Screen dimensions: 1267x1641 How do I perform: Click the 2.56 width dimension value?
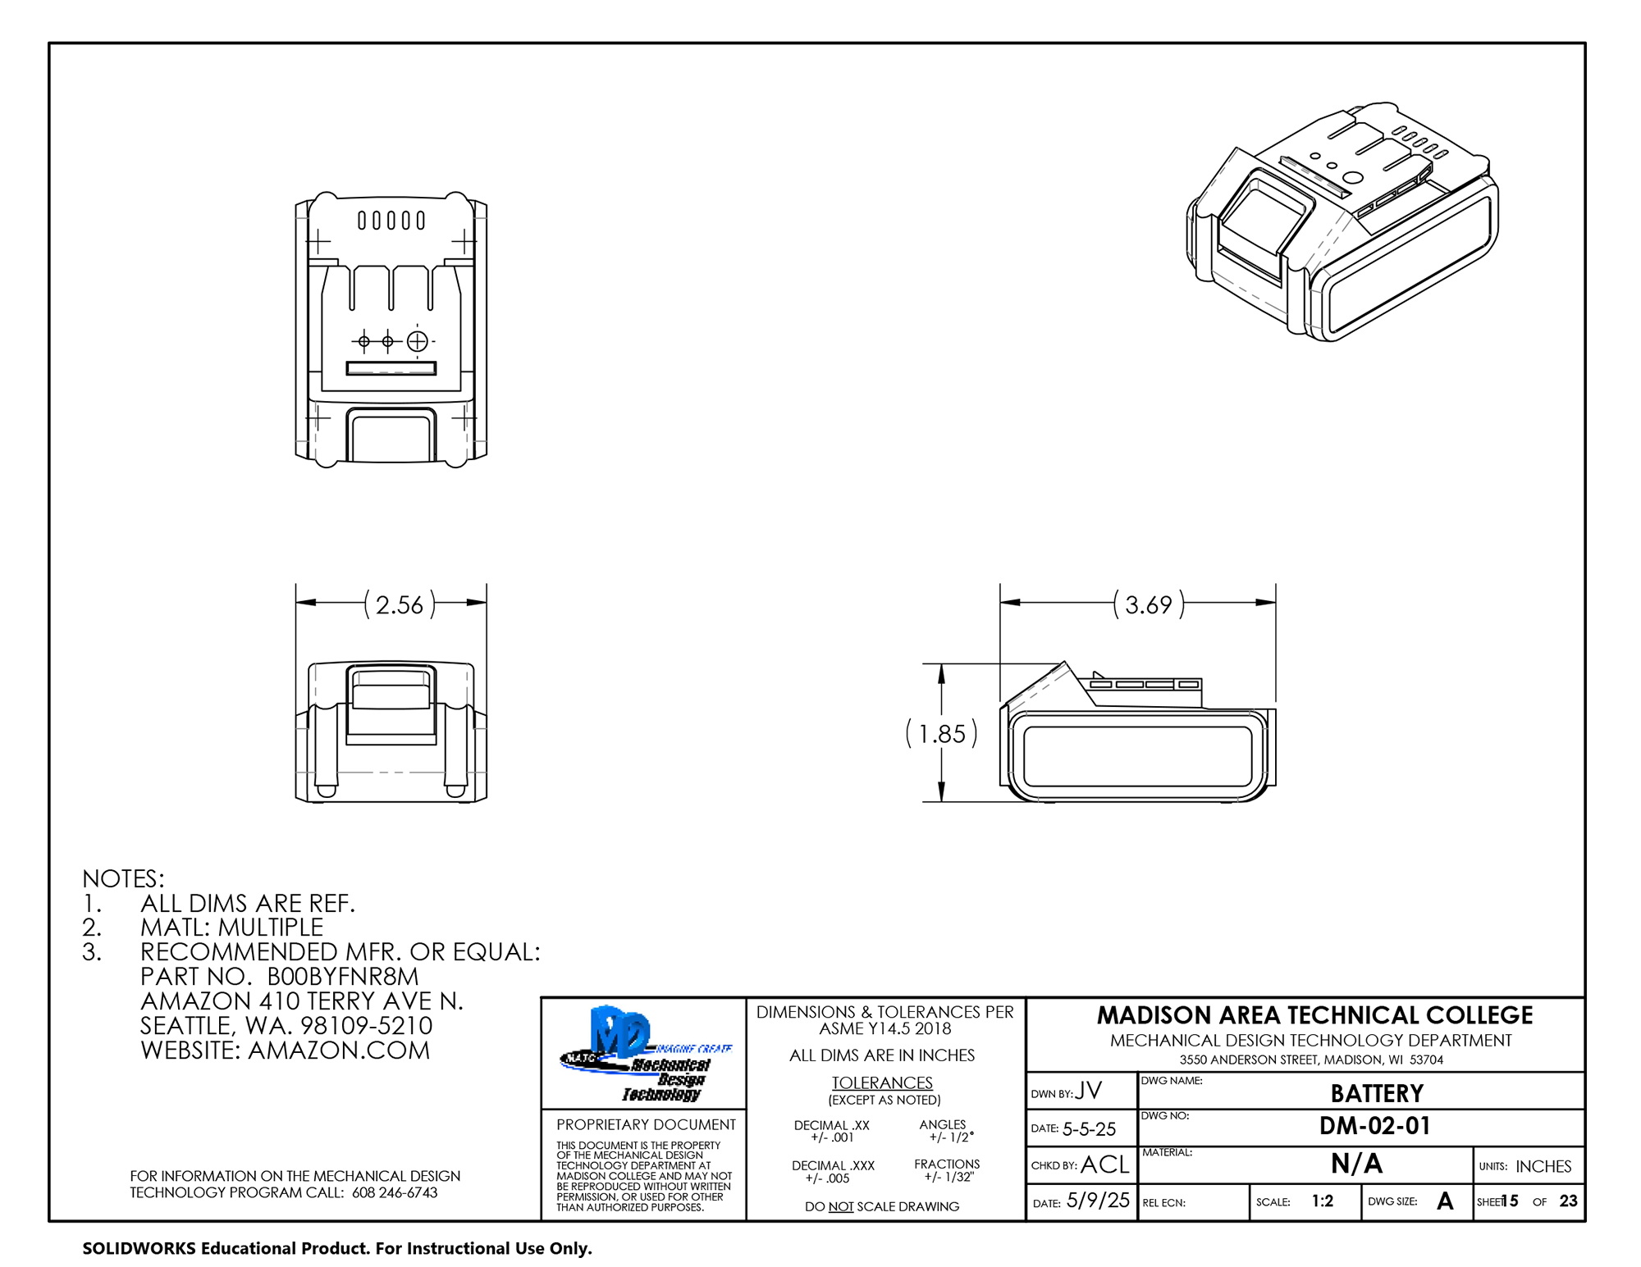[399, 605]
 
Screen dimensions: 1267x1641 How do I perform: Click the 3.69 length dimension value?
[1148, 605]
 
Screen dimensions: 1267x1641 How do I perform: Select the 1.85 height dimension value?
[941, 734]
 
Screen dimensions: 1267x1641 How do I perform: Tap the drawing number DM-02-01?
[1374, 1126]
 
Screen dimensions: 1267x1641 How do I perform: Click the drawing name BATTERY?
[1376, 1094]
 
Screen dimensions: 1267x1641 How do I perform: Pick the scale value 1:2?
[1322, 1201]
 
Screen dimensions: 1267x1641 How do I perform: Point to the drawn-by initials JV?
[1088, 1091]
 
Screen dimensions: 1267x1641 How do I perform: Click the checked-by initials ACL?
[1104, 1164]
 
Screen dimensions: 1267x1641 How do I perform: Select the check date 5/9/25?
[1098, 1201]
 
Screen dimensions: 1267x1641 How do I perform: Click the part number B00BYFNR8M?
[343, 977]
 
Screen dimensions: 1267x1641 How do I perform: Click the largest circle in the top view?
[417, 340]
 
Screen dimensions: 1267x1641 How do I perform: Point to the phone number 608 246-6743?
[395, 1193]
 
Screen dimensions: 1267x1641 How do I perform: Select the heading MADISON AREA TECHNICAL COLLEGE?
[1314, 1015]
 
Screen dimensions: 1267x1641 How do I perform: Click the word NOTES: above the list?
[123, 879]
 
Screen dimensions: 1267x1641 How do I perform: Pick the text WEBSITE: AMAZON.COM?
[285, 1051]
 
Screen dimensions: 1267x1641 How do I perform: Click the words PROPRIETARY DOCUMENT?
[646, 1125]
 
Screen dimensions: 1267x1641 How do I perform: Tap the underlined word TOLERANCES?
[882, 1083]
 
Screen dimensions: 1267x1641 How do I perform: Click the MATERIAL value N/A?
[1356, 1164]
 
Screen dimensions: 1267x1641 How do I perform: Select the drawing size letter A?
[1445, 1201]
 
